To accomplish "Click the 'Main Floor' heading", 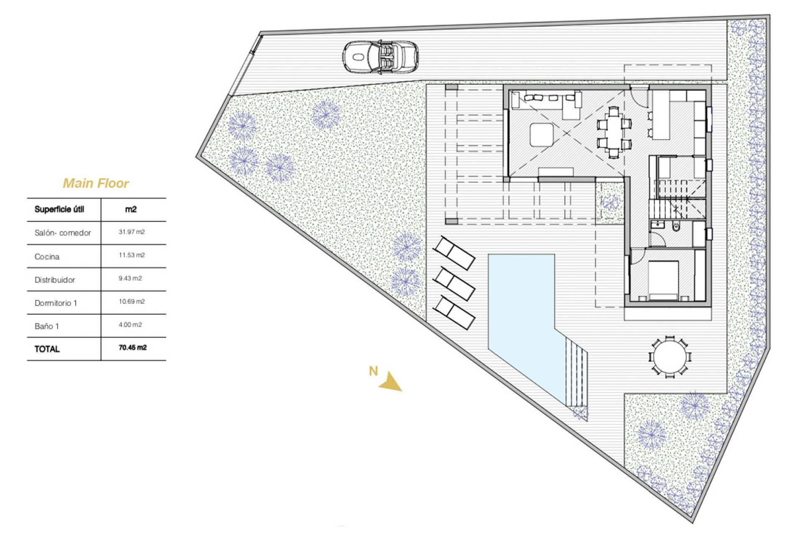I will pos(96,183).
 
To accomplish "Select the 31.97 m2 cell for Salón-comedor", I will pos(131,232).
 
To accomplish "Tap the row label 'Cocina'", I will pos(47,257).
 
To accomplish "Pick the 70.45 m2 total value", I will pos(133,348).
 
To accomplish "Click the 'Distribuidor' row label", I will pos(55,280).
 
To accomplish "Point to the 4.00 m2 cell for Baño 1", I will pos(130,325).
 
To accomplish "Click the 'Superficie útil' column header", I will pos(59,209).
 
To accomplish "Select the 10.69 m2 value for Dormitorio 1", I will pos(131,301).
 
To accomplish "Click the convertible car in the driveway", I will pos(380,57).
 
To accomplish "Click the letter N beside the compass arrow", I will pos(373,371).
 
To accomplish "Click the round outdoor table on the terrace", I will pos(670,357).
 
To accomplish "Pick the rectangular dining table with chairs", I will pos(614,132).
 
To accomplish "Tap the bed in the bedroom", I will pos(663,280).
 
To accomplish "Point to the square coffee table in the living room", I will pos(542,135).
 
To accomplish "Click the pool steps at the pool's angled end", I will pos(576,372).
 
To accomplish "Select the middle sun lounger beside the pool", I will pos(454,284).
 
